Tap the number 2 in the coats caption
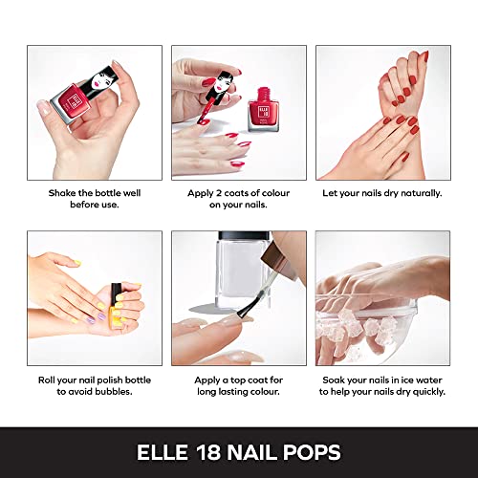219,193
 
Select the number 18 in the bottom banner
208,452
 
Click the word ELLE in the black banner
163,452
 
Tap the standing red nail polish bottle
263,110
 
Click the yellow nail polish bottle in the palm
115,305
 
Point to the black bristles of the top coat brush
247,307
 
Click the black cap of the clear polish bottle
245,235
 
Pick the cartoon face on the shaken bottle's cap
101,79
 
